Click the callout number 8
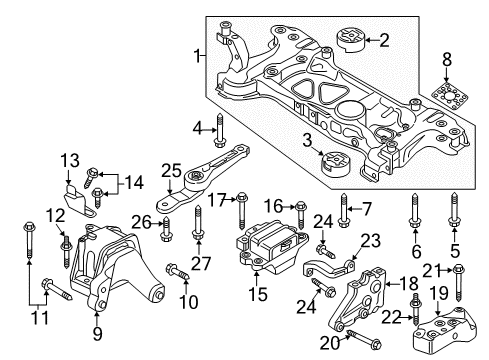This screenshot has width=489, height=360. tap(447, 60)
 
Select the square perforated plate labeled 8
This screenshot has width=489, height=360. tap(450, 97)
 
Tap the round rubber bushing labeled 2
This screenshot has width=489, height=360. tap(352, 41)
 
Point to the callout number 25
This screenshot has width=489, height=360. tap(171, 171)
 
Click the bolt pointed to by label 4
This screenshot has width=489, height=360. tap(220, 130)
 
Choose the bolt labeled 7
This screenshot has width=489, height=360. tap(344, 210)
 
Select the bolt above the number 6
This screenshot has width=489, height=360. tap(414, 211)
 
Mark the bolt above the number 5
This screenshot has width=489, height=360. tap(454, 211)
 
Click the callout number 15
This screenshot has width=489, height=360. tap(258, 294)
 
